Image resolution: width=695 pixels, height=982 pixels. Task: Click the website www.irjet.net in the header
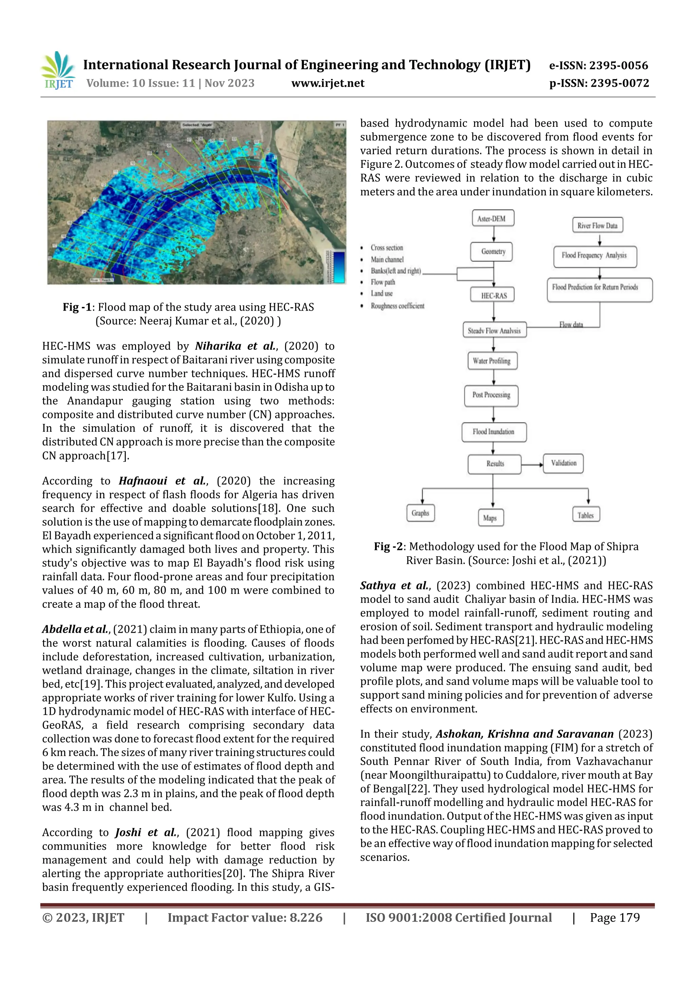[x=328, y=83]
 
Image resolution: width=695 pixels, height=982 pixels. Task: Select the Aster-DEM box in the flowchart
[x=493, y=219]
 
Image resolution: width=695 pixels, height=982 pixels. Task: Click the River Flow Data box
[x=597, y=225]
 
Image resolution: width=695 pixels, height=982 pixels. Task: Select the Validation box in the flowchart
[x=563, y=463]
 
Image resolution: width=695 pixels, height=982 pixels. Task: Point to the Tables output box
[x=585, y=515]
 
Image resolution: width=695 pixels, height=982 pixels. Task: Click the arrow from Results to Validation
[x=532, y=465]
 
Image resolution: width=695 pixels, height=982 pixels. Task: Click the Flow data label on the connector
[x=571, y=325]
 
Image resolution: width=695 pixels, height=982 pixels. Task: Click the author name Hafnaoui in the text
[x=143, y=481]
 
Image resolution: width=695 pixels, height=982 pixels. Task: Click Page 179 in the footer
[x=615, y=918]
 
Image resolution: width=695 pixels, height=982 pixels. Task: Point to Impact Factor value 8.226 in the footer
[x=245, y=918]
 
